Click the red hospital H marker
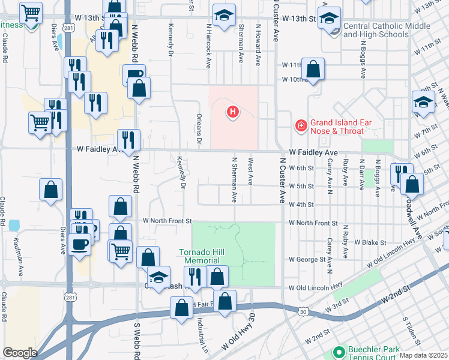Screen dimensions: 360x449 [232, 112]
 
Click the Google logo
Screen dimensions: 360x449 [20, 353]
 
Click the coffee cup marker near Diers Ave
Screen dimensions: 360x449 [80, 244]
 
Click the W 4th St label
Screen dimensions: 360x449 [301, 205]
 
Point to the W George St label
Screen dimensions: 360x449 [307, 260]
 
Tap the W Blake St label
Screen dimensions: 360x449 [370, 242]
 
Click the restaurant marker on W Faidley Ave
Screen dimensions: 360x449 [128, 140]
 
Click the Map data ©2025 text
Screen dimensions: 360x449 [423, 355]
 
